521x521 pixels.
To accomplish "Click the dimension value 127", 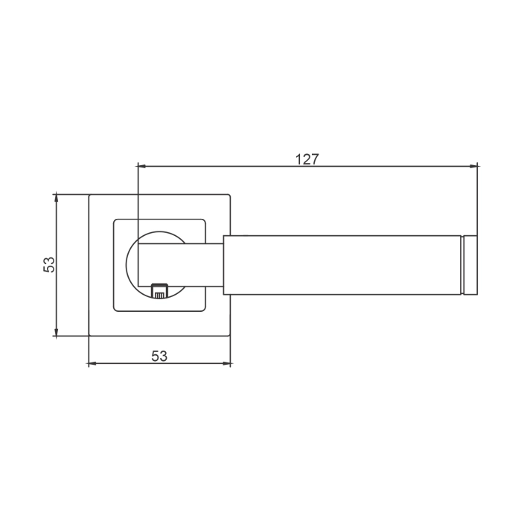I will pyautogui.click(x=307, y=159).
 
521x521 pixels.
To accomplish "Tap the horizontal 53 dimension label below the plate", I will pyautogui.click(x=159, y=356).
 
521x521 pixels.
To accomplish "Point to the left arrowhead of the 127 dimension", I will pyautogui.click(x=142, y=165).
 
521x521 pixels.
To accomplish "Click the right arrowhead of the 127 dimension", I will pyautogui.click(x=473, y=165).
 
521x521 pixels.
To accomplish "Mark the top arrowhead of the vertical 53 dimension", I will pyautogui.click(x=56, y=197).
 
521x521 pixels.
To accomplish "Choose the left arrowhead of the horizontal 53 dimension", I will pyautogui.click(x=92, y=364).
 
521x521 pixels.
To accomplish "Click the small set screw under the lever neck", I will pyautogui.click(x=159, y=290).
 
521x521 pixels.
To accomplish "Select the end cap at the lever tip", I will pyautogui.click(x=470, y=265).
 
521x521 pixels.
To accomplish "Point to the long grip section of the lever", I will pyautogui.click(x=342, y=265).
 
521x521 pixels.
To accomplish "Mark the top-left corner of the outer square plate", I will pyautogui.click(x=89, y=195).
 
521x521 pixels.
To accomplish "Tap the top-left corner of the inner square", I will pyautogui.click(x=115, y=220).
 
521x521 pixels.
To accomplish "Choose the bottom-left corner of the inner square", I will pyautogui.click(x=115, y=310).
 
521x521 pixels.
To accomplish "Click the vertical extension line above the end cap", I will pyautogui.click(x=477, y=201).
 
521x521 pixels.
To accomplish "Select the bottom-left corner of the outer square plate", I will pyautogui.click(x=89, y=336).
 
